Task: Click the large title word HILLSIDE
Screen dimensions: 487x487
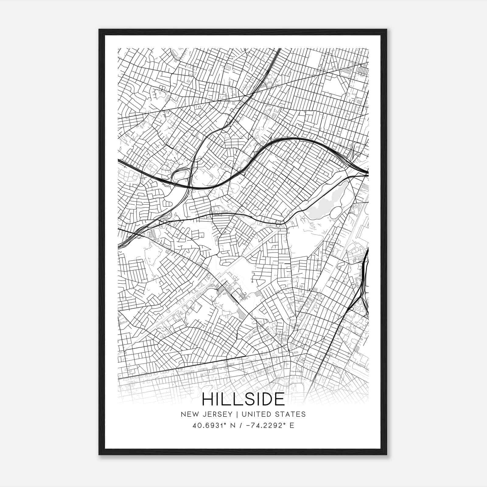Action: pyautogui.click(x=243, y=399)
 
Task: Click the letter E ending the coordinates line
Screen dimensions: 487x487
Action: pyautogui.click(x=292, y=426)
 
